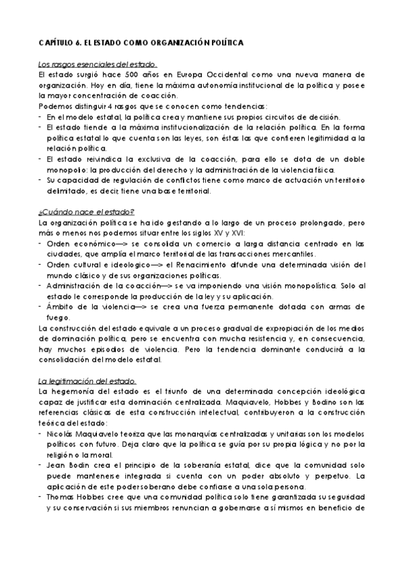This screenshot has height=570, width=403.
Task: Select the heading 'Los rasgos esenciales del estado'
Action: (x=97, y=65)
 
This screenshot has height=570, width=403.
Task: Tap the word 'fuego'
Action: (x=57, y=317)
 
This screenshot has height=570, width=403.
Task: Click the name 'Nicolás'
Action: (x=62, y=434)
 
